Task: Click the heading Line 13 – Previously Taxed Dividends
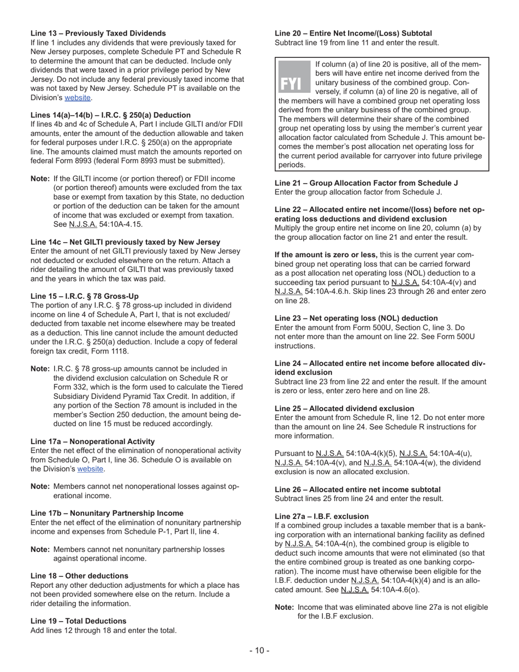[98, 33]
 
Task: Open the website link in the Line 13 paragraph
[78, 98]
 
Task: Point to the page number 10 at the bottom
[259, 650]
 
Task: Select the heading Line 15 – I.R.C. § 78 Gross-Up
[85, 296]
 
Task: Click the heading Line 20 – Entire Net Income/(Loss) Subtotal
[353, 33]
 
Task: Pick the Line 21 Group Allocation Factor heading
[366, 183]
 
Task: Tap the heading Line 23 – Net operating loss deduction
[356, 318]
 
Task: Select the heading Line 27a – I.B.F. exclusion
[322, 516]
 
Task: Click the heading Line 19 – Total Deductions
[78, 621]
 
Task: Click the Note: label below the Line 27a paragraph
[284, 608]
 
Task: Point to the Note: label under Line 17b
[40, 550]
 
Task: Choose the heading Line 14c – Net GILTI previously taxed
[126, 242]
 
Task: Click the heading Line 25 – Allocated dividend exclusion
[344, 409]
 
